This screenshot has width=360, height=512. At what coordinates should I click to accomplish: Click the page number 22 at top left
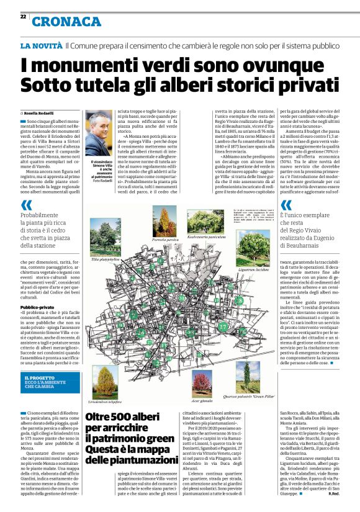tap(23, 17)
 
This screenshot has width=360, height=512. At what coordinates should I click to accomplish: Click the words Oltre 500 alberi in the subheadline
tap(124, 418)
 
